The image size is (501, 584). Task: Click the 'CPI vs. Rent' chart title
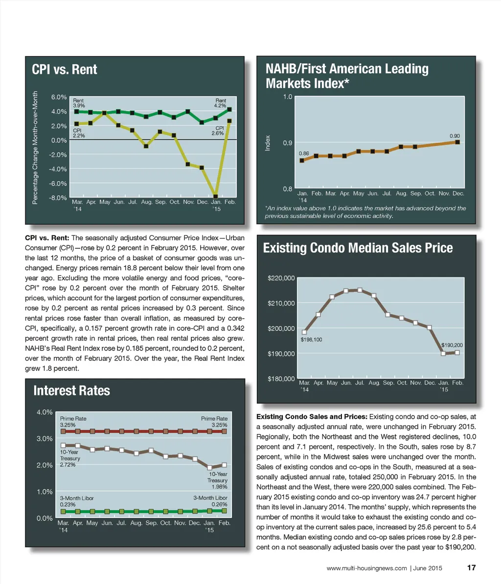tap(65, 69)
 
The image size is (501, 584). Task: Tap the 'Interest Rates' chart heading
tap(71, 390)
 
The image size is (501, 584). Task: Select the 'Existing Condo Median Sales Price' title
tap(358, 248)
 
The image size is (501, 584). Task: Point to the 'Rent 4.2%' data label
tap(220, 103)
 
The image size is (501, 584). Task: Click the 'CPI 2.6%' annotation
tap(218, 130)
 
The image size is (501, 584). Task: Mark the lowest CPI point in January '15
tap(216, 196)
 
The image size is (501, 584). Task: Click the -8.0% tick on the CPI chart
tap(59, 198)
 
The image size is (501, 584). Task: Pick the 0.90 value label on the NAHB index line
tap(455, 136)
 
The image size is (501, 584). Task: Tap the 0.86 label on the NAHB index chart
tap(303, 153)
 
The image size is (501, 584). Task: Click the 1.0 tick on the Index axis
tap(288, 97)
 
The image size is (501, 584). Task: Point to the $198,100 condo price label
tap(311, 339)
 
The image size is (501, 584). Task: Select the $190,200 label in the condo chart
tap(452, 345)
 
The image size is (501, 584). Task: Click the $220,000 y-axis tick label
tap(281, 279)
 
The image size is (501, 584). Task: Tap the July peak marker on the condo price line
tap(360, 290)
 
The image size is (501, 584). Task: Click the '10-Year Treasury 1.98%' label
tap(217, 480)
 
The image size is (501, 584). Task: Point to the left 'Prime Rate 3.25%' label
tap(73, 422)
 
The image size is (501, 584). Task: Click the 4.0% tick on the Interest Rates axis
tap(45, 412)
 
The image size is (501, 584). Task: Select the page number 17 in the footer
tap(471, 568)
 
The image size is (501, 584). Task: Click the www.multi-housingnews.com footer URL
tap(366, 568)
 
